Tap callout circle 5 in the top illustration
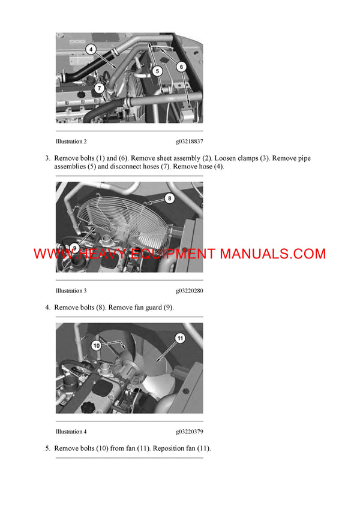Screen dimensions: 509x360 pos(157,71)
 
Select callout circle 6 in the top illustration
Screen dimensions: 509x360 pos(181,67)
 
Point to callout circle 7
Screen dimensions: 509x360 pos(100,88)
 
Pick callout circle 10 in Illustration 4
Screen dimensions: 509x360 pos(95,345)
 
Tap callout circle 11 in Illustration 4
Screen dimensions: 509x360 pos(179,338)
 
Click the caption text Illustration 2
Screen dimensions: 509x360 pos(71,141)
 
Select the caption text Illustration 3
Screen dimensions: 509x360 pos(71,291)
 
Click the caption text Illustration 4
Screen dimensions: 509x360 pos(71,431)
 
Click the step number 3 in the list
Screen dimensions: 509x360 pos(47,158)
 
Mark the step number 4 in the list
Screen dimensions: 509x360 pos(47,308)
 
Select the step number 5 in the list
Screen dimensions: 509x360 pos(47,448)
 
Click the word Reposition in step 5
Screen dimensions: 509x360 pos(170,448)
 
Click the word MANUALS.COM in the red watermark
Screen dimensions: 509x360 pos(272,254)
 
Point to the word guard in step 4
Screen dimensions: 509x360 pos(148,308)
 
